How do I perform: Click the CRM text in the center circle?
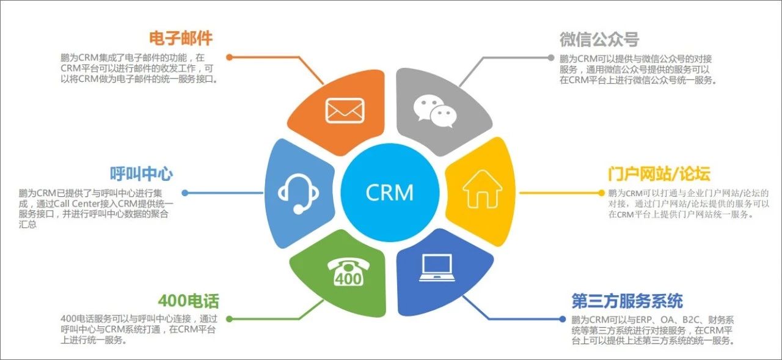[x=390, y=193]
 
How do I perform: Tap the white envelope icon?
[x=345, y=110]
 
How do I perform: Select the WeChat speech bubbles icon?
[x=435, y=110]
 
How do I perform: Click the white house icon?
[x=482, y=190]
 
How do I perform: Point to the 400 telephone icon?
[x=346, y=271]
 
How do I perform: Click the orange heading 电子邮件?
[x=181, y=38]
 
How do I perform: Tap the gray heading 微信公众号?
[x=599, y=39]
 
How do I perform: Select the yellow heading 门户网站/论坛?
[x=659, y=174]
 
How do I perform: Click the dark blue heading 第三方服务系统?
[x=627, y=301]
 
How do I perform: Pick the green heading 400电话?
[x=188, y=301]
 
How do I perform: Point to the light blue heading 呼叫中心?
[x=141, y=174]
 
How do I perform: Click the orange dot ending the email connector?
[x=229, y=57]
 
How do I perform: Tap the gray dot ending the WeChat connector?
[x=552, y=57]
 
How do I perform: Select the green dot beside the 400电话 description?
[x=229, y=318]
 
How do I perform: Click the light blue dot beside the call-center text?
[x=185, y=193]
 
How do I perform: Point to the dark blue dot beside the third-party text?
[x=563, y=318]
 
